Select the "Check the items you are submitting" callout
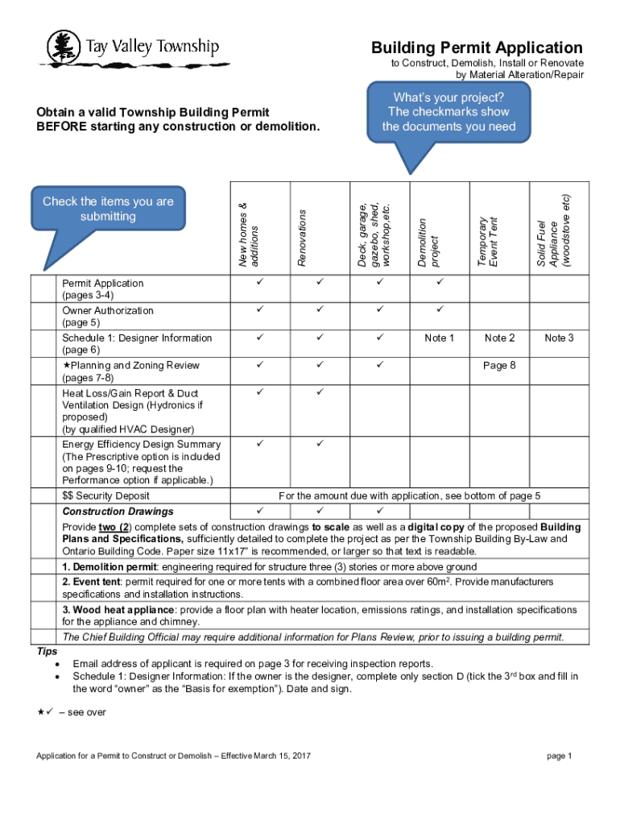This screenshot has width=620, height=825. tap(108, 209)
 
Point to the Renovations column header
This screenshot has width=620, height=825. tap(302, 237)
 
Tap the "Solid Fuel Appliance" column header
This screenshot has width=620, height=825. tap(553, 233)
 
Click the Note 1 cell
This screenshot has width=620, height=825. tap(440, 338)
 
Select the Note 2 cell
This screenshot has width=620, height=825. tap(499, 338)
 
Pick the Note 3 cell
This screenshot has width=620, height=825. tap(558, 338)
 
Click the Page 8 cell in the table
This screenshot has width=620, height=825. tap(499, 366)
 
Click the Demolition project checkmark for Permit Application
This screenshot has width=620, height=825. tap(440, 283)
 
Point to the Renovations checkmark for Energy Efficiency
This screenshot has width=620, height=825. tap(320, 444)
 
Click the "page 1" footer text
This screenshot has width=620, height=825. tap(559, 756)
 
